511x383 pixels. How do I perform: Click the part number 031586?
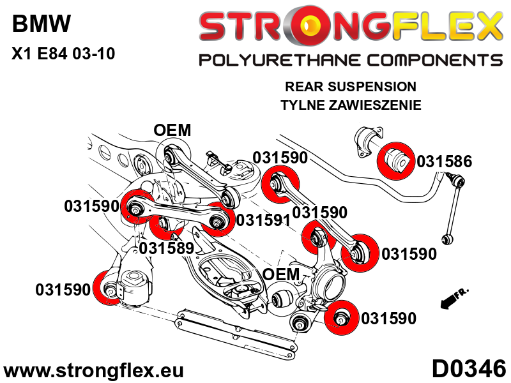[444, 161]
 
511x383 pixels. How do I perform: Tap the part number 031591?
[263, 220]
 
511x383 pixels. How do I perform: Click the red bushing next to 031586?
[398, 159]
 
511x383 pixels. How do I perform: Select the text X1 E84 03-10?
[63, 54]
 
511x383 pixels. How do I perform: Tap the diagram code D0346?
[468, 369]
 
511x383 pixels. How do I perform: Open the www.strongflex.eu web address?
[94, 370]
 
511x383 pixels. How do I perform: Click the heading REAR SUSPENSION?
[350, 86]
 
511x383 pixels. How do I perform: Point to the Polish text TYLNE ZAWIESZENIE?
[350, 105]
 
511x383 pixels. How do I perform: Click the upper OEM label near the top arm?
[172, 130]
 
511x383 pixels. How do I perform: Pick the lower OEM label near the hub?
[281, 274]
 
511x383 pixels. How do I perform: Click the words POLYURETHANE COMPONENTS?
[350, 61]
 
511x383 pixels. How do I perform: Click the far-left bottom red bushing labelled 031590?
[109, 289]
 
